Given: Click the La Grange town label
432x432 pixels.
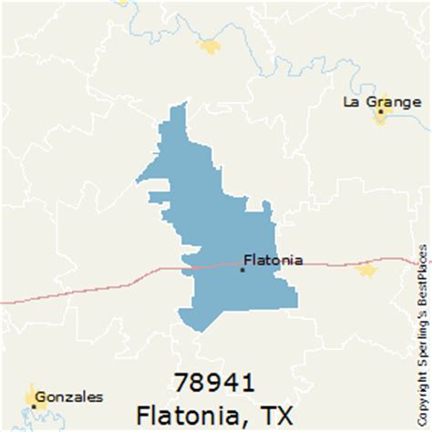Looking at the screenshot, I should pyautogui.click(x=375, y=101).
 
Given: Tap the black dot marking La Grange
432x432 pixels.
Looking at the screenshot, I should pyautogui.click(x=378, y=113).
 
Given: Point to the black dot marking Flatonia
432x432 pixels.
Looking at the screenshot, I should pyautogui.click(x=242, y=269).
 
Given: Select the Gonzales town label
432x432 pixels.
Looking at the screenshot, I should pyautogui.click(x=70, y=422).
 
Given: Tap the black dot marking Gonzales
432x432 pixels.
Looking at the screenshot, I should pyautogui.click(x=33, y=423).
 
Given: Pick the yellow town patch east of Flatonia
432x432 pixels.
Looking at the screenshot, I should pyautogui.click(x=366, y=270).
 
